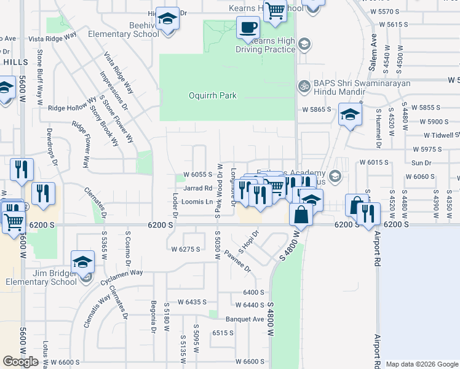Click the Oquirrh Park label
click(x=212, y=95)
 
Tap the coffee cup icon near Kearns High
click(x=248, y=28)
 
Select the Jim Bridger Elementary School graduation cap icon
click(x=82, y=261)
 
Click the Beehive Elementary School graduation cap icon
click(x=167, y=19)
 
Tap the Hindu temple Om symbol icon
click(x=302, y=85)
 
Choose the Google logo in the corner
click(x=20, y=362)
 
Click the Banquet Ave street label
click(x=244, y=319)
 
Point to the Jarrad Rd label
click(x=197, y=188)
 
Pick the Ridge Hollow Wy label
click(x=73, y=107)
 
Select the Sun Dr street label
click(x=421, y=163)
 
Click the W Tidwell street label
click(x=442, y=135)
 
